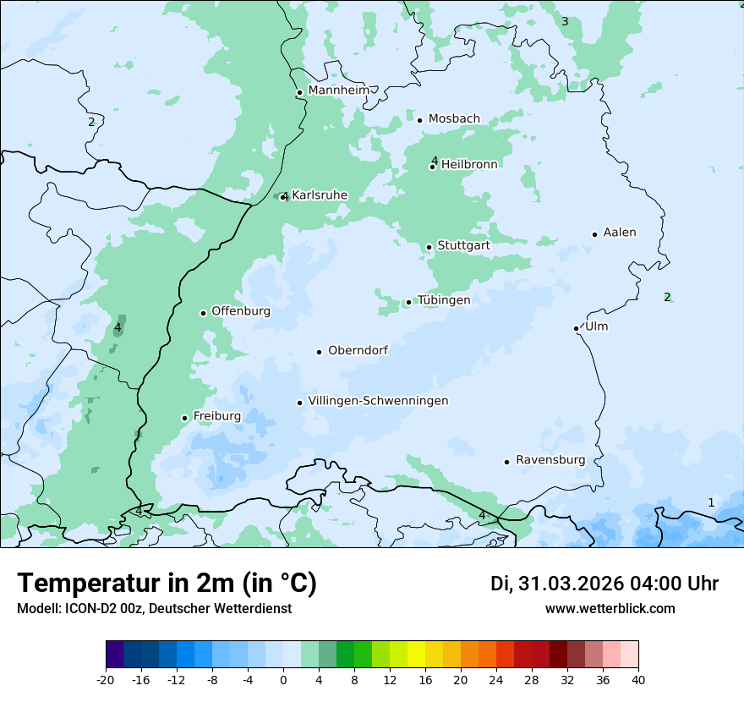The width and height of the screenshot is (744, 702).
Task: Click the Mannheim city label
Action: pyautogui.click(x=338, y=90)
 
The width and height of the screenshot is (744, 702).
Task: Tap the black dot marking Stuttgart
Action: pyautogui.click(x=429, y=247)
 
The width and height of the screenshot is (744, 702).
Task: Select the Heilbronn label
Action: pyautogui.click(x=469, y=164)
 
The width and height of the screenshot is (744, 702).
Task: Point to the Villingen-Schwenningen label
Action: pyautogui.click(x=378, y=401)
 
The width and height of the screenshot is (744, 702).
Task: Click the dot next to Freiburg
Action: pyautogui.click(x=184, y=418)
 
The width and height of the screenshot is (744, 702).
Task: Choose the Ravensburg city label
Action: pyautogui.click(x=550, y=460)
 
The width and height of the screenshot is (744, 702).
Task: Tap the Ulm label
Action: pyautogui.click(x=596, y=326)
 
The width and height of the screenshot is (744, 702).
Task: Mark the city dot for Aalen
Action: pyautogui.click(x=594, y=234)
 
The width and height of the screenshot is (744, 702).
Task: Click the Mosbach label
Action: pyautogui.click(x=454, y=119)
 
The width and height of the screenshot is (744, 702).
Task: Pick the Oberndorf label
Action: pyautogui.click(x=358, y=350)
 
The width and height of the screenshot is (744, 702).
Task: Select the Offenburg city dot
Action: pyautogui.click(x=203, y=313)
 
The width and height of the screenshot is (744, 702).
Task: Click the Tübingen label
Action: pyautogui.click(x=443, y=300)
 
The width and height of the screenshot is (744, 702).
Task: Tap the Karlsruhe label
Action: pyautogui.click(x=320, y=195)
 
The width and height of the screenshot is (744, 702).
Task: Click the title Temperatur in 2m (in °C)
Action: pyautogui.click(x=167, y=583)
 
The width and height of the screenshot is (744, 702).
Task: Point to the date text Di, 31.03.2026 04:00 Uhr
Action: pyautogui.click(x=604, y=584)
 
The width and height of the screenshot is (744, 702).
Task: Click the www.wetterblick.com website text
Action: pyautogui.click(x=610, y=609)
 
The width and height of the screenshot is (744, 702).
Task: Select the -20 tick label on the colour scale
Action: pyautogui.click(x=106, y=680)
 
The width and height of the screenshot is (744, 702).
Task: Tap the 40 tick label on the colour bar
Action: pyautogui.click(x=638, y=680)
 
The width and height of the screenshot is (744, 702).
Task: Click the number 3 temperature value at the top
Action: pyautogui.click(x=565, y=21)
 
